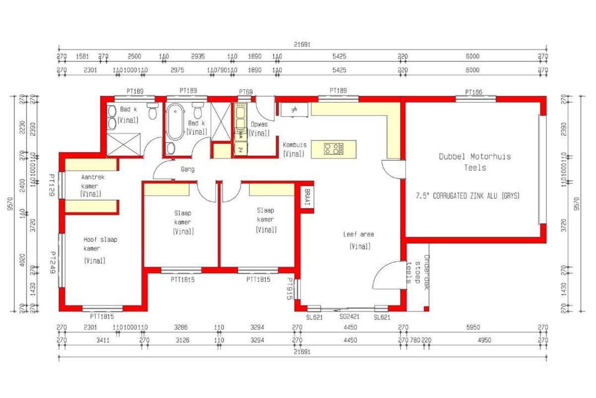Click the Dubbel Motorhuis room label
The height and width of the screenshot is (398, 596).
coord(474,162)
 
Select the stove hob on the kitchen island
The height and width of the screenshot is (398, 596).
coord(333,148)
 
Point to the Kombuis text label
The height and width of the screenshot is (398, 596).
coord(295,145)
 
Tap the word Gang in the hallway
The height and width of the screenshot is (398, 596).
coord(188,169)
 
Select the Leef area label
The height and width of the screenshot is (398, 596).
coord(358,234)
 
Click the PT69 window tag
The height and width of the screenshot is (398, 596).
coord(246,92)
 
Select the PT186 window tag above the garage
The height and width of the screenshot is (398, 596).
coord(473,92)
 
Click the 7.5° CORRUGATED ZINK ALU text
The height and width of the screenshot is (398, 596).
coord(467,196)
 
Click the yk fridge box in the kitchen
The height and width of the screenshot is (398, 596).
coord(294,109)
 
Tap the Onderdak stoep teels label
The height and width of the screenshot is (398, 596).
coord(418,276)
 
